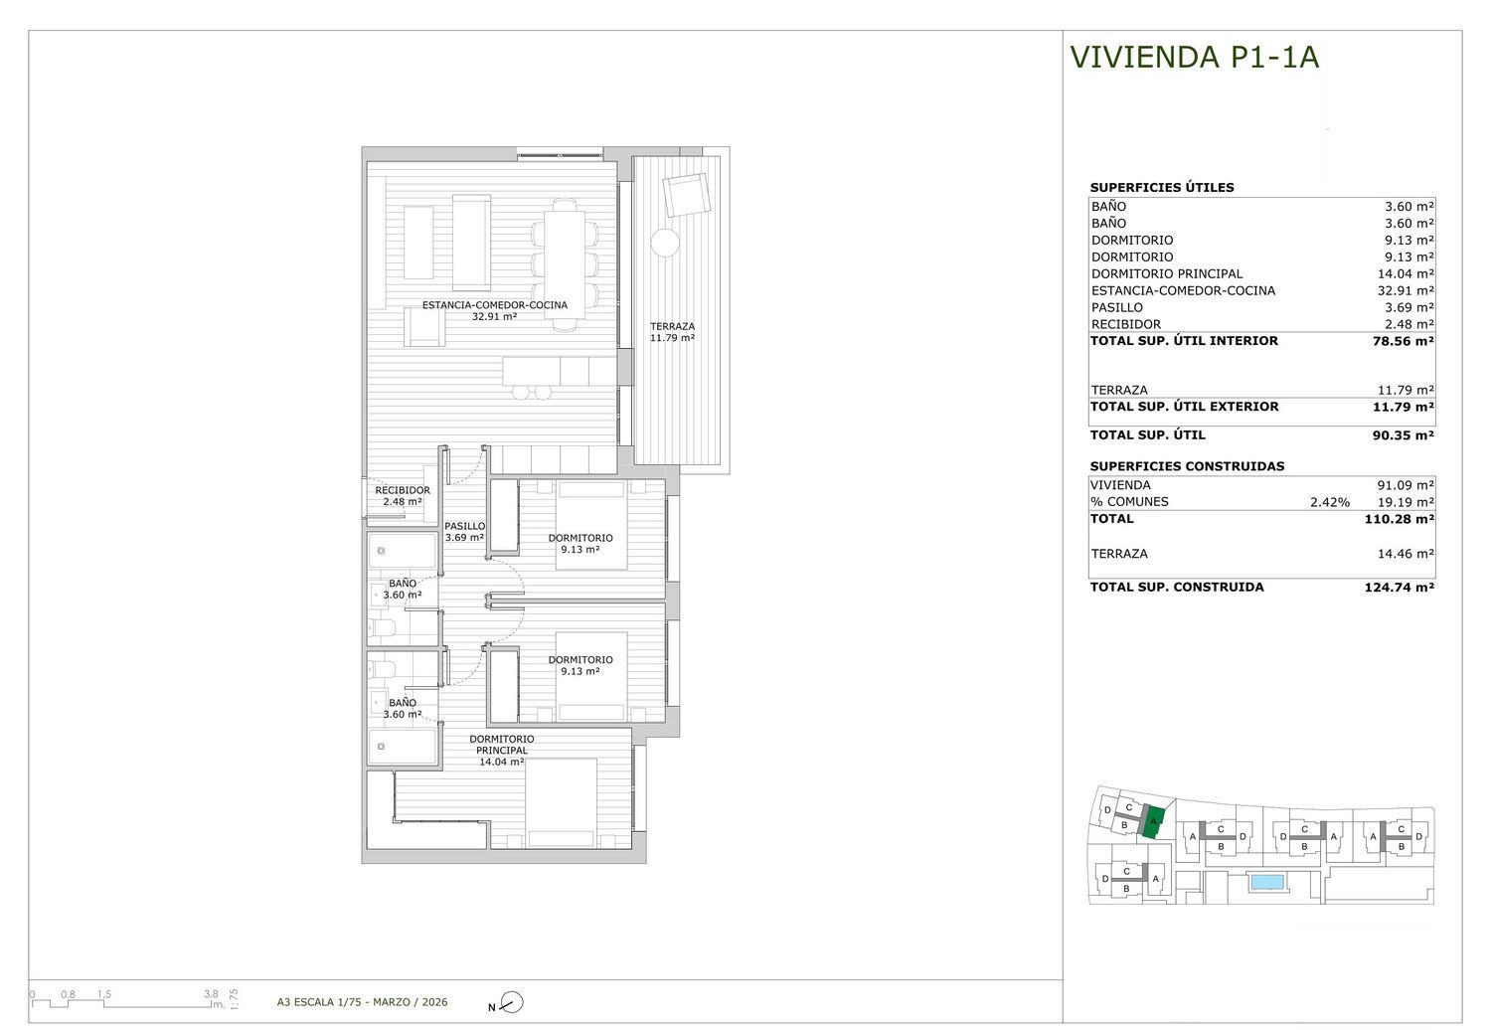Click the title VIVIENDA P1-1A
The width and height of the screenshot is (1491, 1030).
(1194, 57)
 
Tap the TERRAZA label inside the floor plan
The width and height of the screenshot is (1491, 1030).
(672, 326)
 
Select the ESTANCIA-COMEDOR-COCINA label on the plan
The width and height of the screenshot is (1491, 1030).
(495, 305)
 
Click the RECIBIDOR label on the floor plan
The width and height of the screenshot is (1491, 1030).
(402, 490)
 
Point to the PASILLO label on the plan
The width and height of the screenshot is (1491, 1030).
(464, 526)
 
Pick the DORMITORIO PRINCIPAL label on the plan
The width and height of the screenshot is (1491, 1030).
(502, 745)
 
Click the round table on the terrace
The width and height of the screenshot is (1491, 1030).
(665, 243)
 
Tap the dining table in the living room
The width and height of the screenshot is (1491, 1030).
(565, 264)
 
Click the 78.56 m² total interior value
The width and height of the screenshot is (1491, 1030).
(1403, 341)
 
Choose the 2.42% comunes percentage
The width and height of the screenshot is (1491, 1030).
(1330, 503)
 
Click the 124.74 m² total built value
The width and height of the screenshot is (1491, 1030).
(1400, 588)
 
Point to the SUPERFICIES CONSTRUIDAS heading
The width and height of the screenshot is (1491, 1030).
(1187, 466)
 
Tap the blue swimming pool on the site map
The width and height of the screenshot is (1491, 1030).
(1267, 882)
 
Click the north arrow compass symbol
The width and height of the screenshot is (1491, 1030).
(512, 1002)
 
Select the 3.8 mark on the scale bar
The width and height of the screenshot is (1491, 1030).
(211, 993)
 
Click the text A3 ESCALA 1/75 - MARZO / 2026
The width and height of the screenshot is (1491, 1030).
(362, 1002)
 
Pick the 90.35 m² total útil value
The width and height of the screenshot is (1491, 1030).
(1403, 435)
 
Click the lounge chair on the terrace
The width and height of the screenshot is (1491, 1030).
(686, 195)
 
